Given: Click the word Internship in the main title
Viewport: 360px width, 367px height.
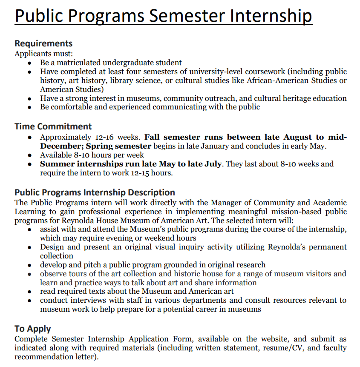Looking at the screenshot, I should [x=271, y=16].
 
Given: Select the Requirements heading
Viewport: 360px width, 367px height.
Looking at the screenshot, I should [x=43, y=43].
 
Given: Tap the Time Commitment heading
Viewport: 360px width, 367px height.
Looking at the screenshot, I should [x=53, y=126].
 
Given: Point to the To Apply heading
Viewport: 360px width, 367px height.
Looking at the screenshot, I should [x=33, y=329].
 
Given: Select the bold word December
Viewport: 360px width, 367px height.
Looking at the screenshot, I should [x=60, y=146].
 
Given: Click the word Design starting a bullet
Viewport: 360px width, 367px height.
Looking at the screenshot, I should [x=52, y=247].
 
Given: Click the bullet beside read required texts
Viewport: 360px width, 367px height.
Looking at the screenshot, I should [x=29, y=292].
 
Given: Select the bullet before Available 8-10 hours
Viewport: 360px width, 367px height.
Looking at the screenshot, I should [x=29, y=155].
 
